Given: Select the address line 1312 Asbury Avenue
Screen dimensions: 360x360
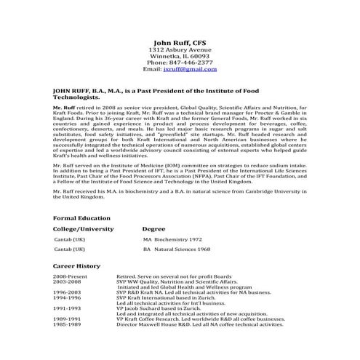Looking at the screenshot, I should coord(180,52).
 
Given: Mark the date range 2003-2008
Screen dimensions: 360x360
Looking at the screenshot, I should coord(68,282).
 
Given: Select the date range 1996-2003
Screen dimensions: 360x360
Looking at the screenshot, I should coord(68,292).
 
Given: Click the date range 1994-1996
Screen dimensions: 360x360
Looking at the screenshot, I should coord(68,297).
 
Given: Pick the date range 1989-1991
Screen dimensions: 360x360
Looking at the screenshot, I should coord(68,319).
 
